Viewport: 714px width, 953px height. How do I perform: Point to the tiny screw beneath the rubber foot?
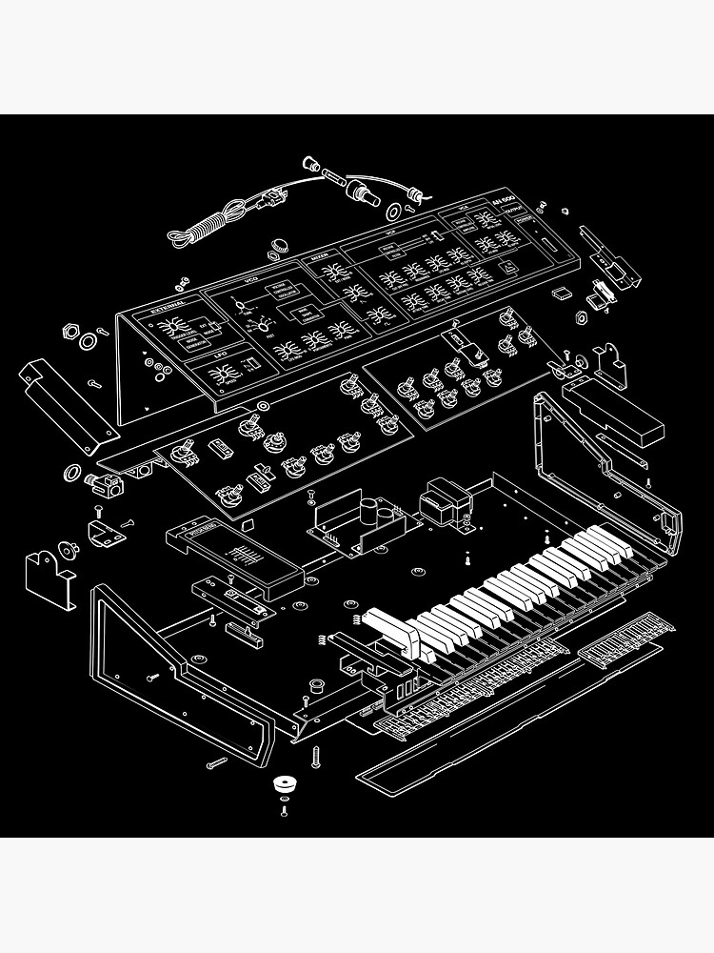point(284,811)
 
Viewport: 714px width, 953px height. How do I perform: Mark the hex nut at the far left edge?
point(69,333)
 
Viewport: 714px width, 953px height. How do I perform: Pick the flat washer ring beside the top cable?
point(393,209)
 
